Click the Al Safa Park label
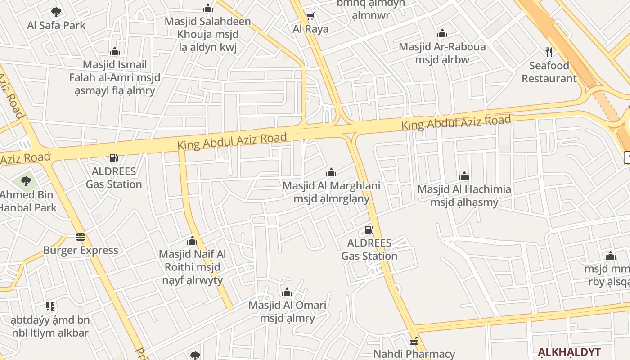56,25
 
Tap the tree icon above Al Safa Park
56,12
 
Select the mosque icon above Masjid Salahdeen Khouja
207,8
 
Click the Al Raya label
310,29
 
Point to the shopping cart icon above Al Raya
310,16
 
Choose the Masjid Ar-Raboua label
442,47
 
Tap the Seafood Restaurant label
549,72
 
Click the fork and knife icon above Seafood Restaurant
549,52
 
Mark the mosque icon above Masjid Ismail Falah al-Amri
115,51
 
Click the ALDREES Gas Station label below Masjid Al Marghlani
369,250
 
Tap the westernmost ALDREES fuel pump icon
114,158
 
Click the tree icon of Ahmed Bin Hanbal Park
26,181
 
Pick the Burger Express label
81,250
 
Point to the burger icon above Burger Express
81,237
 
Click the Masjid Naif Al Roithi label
193,267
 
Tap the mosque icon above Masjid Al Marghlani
331,172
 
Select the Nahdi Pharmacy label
414,354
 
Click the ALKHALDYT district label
569,352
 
